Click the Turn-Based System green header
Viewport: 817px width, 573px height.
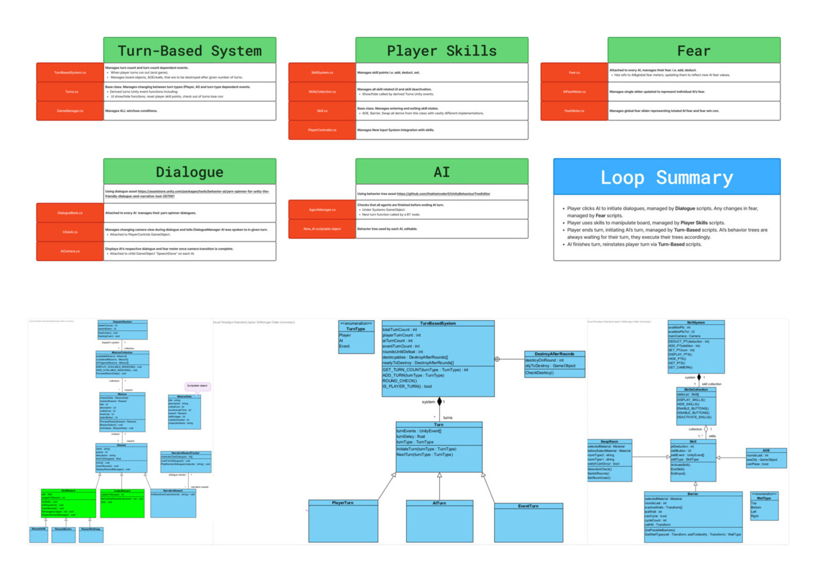pyautogui.click(x=190, y=50)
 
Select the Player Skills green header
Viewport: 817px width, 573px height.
pyautogui.click(x=442, y=50)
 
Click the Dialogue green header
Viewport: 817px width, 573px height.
pyautogui.click(x=190, y=171)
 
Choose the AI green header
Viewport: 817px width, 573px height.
pyautogui.click(x=442, y=171)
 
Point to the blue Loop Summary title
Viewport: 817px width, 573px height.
pyautogui.click(x=667, y=177)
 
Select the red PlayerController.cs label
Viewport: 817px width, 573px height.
pyautogui.click(x=322, y=130)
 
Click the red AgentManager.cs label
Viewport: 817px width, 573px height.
pyautogui.click(x=322, y=210)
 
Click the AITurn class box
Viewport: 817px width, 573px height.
pyautogui.click(x=439, y=521)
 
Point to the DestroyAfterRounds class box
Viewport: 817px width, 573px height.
pyautogui.click(x=554, y=364)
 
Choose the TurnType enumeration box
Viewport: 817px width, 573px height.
pyautogui.click(x=356, y=337)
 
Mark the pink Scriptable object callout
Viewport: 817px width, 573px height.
pyautogui.click(x=198, y=386)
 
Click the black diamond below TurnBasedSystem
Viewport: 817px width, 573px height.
pyautogui.click(x=439, y=402)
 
